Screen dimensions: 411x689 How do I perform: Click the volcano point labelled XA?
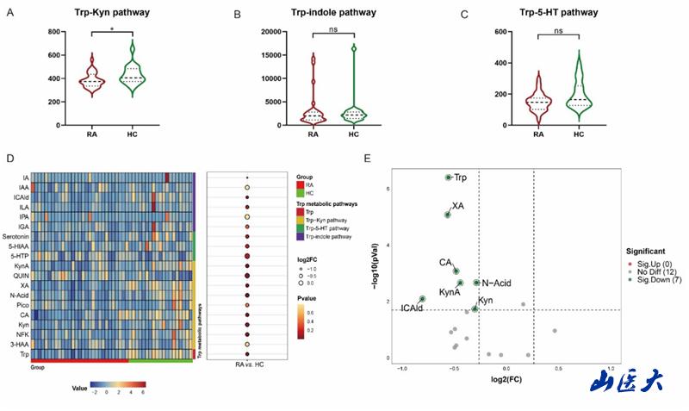click(448, 215)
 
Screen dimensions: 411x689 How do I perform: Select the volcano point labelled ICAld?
click(422, 299)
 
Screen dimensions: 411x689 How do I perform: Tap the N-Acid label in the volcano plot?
click(499, 282)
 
